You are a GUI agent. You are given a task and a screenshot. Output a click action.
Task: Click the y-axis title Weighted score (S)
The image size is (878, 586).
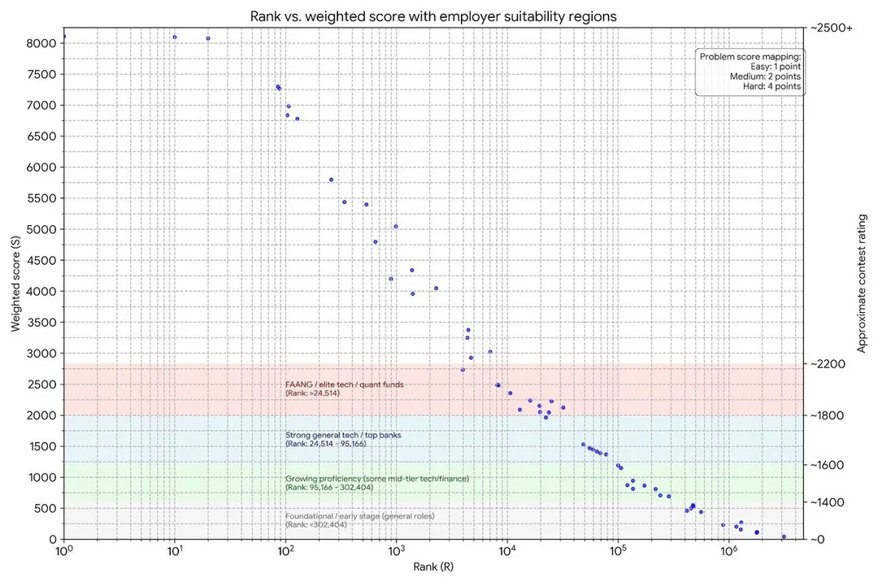[x=16, y=284]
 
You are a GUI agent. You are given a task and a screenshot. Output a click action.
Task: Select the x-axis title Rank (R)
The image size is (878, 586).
[x=432, y=566]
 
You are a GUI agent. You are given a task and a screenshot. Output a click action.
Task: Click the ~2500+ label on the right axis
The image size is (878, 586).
[x=831, y=28]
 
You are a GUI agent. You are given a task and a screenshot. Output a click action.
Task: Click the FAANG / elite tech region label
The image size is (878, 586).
[x=345, y=384]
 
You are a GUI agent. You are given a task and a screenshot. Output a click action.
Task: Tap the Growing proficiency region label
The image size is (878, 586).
[x=377, y=479]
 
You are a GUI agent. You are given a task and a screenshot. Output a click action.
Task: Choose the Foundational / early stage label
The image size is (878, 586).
[x=360, y=516]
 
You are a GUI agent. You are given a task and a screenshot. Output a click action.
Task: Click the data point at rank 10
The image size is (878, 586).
[x=175, y=37]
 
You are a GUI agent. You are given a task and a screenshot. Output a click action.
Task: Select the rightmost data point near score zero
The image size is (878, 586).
[x=784, y=536]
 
